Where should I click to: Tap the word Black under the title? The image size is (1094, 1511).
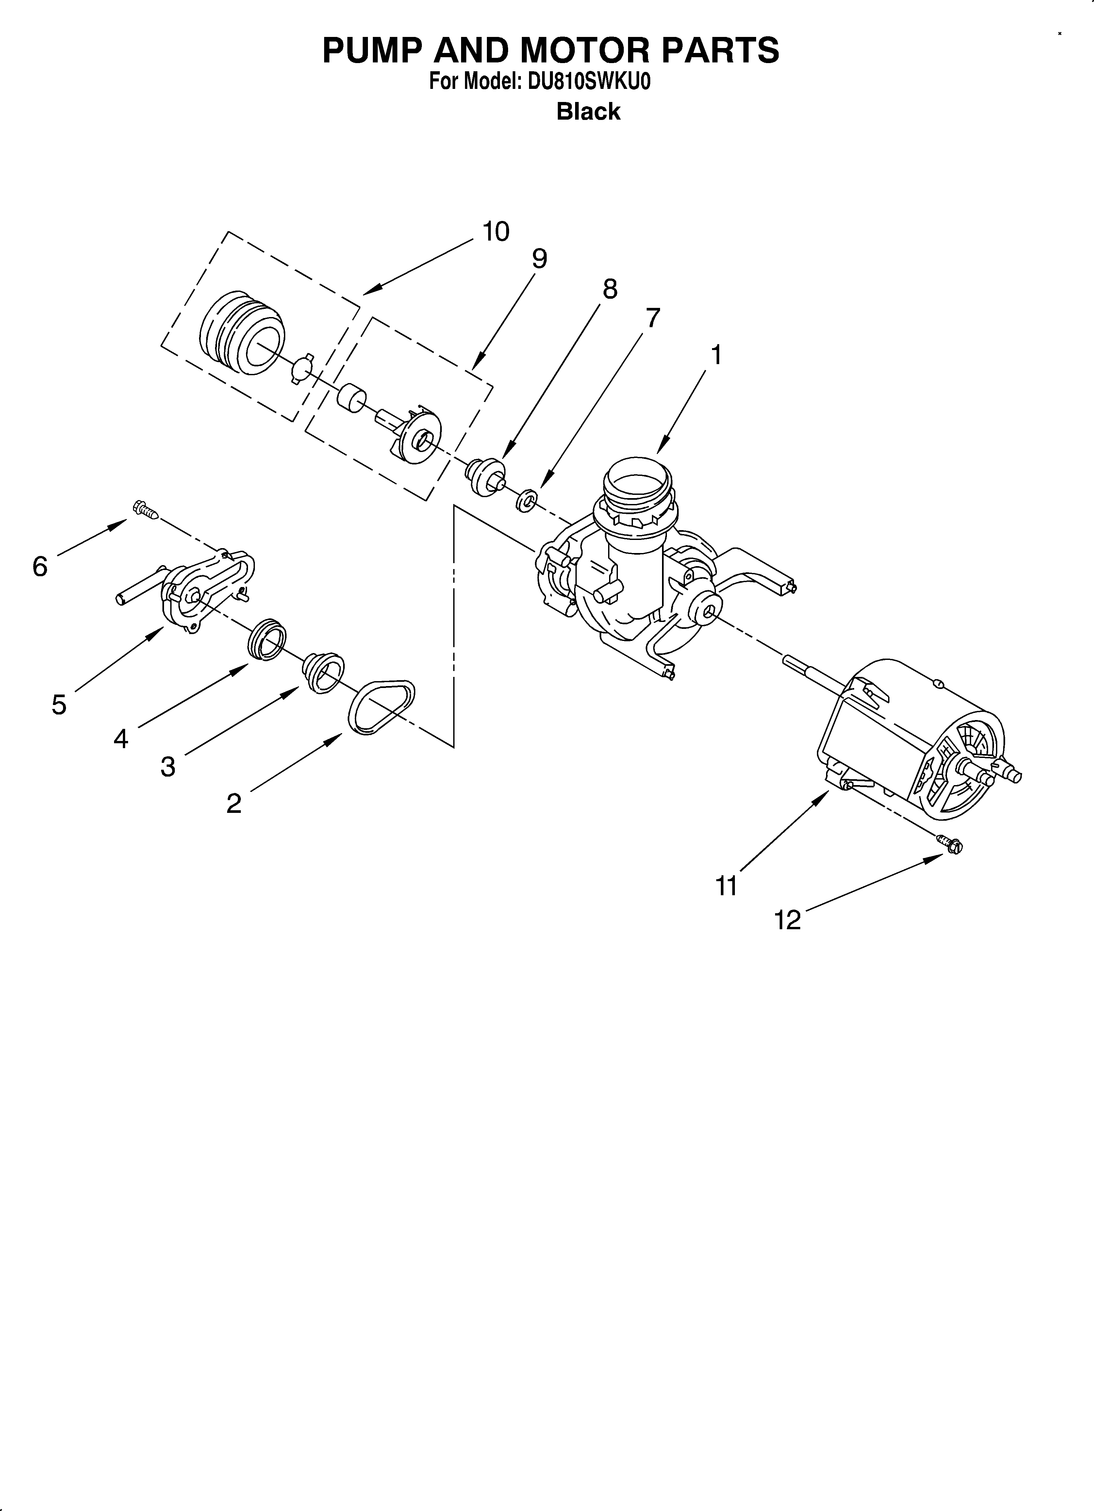click(588, 111)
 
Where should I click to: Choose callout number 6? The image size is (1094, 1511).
click(40, 567)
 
